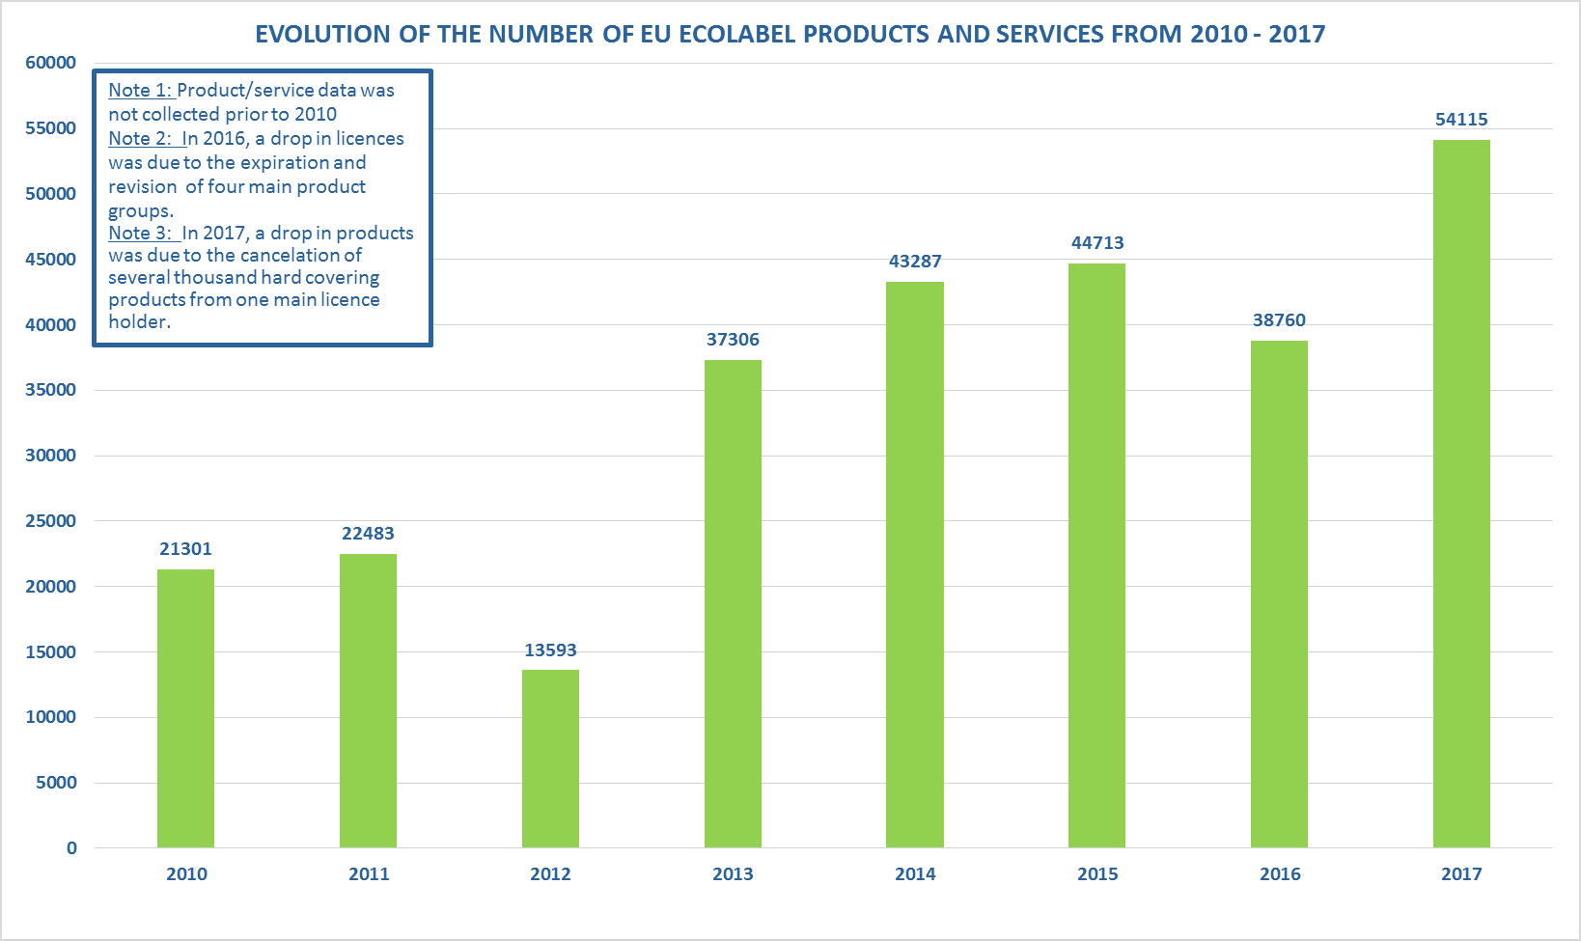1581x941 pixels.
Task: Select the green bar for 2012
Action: click(x=550, y=759)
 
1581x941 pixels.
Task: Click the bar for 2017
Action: click(x=1461, y=494)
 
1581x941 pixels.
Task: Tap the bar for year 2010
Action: click(x=185, y=708)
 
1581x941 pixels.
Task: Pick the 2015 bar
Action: click(x=1096, y=556)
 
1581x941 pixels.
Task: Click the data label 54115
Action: click(x=1461, y=120)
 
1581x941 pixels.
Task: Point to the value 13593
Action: click(x=550, y=650)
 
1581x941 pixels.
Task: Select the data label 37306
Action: click(x=733, y=340)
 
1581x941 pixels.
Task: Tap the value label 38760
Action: click(x=1279, y=320)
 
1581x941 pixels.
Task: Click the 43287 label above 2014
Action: click(x=915, y=262)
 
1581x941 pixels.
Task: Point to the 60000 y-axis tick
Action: click(x=50, y=63)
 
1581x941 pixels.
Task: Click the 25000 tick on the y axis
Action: click(x=50, y=521)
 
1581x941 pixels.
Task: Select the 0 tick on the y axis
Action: click(x=71, y=848)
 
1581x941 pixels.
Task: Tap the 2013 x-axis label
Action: click(x=733, y=874)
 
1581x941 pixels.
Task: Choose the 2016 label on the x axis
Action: click(x=1280, y=874)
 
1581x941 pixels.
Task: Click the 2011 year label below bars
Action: click(x=369, y=874)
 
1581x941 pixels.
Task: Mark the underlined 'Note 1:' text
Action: click(x=140, y=91)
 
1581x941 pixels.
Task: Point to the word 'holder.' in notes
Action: click(x=139, y=322)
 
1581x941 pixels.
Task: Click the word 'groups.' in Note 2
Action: click(x=141, y=211)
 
